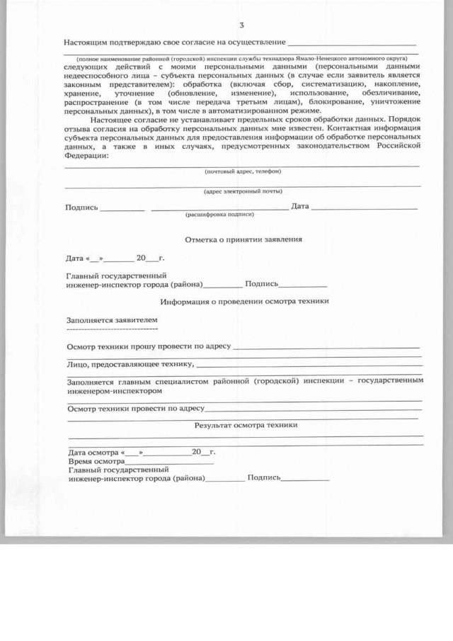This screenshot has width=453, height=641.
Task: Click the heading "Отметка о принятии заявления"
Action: tap(243, 239)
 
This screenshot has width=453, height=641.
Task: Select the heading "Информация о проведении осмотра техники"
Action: tap(244, 301)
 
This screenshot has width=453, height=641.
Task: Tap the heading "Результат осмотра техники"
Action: tap(246, 425)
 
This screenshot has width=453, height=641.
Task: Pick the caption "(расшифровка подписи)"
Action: tap(219, 213)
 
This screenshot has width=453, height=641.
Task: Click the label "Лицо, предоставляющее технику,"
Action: tap(130, 364)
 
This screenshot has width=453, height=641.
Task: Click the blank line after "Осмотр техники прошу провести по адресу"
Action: tap(326, 348)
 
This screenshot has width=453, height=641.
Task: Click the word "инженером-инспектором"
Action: tap(110, 390)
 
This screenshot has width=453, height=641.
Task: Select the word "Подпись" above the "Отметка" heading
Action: tap(81, 208)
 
